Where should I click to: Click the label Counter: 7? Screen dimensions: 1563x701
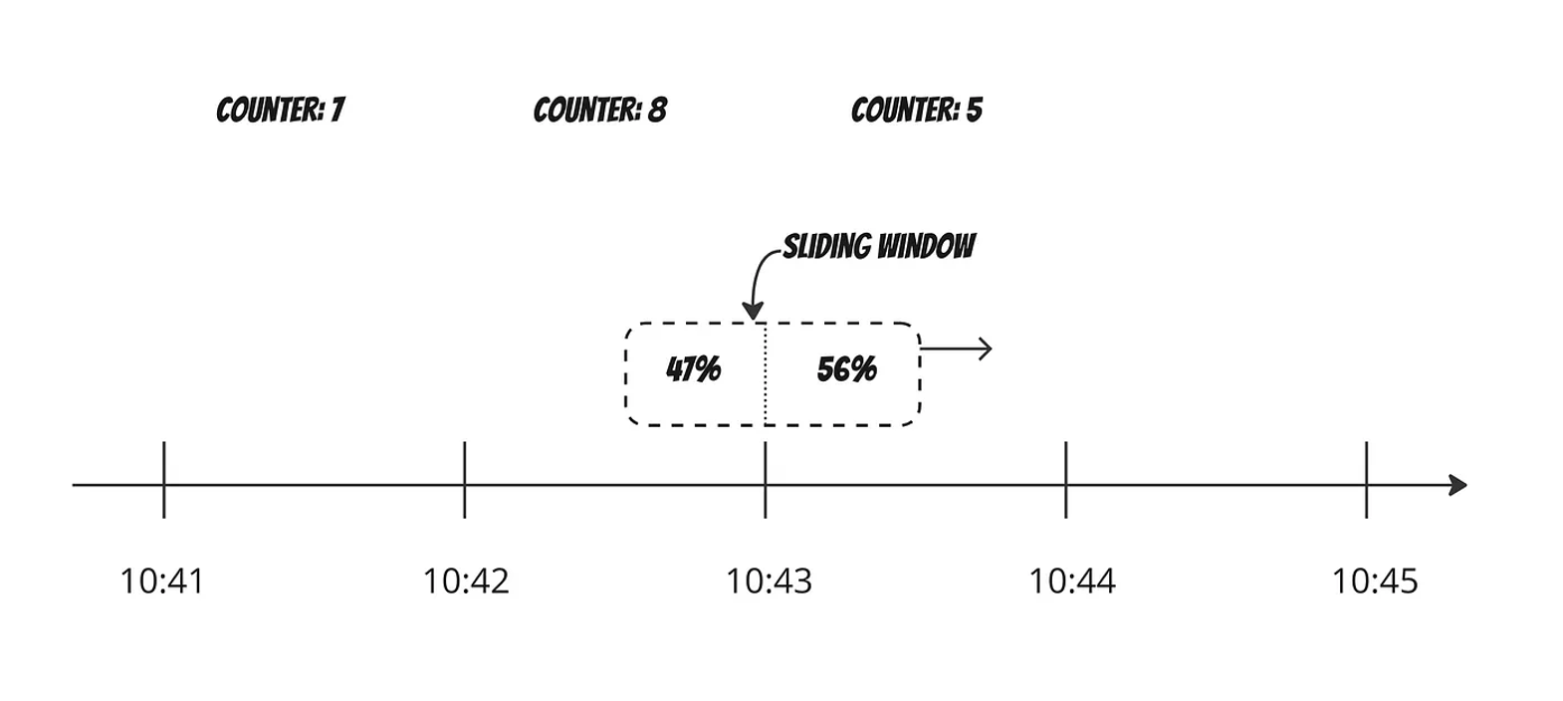coord(280,110)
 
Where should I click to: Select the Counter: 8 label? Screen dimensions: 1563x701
coord(599,110)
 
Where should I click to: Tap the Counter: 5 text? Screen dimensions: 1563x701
coord(916,110)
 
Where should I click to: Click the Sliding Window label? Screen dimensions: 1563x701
coord(878,246)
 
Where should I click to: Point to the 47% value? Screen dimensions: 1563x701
coord(693,369)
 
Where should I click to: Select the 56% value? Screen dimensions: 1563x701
coord(846,369)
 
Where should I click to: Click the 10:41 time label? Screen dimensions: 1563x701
coord(162,581)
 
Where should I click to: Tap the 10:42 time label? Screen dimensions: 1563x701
coord(466,581)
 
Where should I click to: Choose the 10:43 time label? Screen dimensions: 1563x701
coord(769,581)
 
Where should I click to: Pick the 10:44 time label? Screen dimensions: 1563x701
coord(1071,581)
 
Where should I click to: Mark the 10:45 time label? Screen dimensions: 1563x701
coord(1375,581)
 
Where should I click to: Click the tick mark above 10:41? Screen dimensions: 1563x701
coord(164,480)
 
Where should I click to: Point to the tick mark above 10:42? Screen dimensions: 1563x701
coord(465,480)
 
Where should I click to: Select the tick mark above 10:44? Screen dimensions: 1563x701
coord(1066,480)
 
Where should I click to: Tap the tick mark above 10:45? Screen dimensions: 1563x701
coord(1367,480)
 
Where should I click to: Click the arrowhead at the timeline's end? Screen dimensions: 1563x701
coord(1458,486)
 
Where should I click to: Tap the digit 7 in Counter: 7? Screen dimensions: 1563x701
coord(337,110)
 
